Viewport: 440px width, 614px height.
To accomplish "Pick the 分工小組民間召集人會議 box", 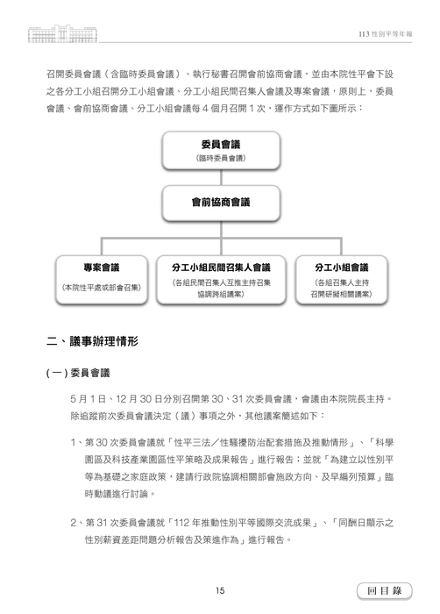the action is [220, 276].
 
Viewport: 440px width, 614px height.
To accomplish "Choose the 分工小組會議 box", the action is [339, 276].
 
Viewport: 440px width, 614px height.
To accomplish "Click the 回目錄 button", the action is [384, 589].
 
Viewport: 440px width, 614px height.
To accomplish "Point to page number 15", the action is [220, 589].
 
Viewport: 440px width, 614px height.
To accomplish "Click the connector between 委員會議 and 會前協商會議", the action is [220, 176].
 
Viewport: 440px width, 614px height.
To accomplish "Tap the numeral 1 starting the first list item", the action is [73, 439].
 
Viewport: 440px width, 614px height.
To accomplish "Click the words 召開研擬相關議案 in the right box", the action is [339, 294].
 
